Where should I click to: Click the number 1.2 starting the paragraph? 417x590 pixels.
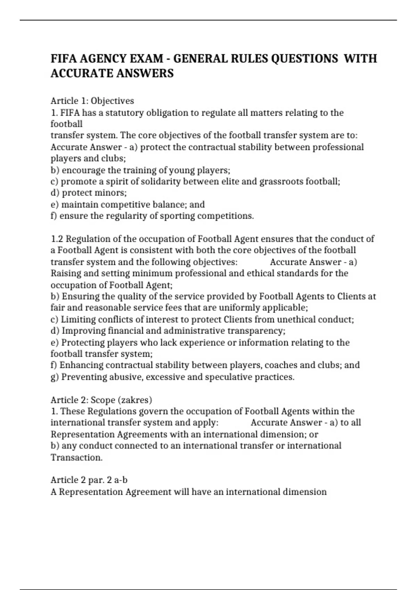57,239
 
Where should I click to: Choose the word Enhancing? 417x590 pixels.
81,365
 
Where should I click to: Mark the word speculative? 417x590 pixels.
228,377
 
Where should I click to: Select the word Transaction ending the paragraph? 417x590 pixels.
76,457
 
